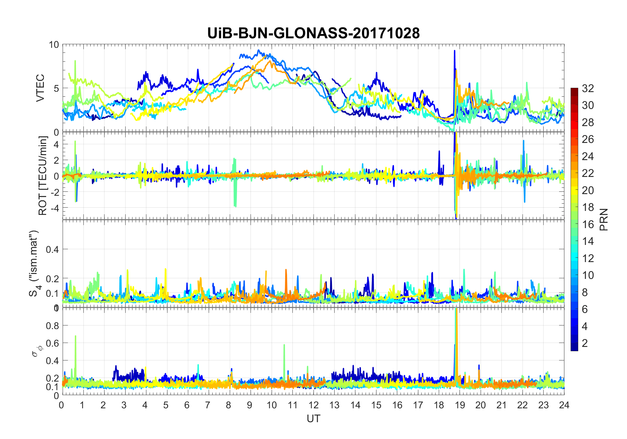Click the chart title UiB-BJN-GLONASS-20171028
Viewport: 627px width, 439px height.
click(313, 33)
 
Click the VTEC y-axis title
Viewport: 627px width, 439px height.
click(40, 88)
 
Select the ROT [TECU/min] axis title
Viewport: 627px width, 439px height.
click(43, 176)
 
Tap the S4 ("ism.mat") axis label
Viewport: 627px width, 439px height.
click(34, 263)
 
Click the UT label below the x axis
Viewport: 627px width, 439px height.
click(313, 419)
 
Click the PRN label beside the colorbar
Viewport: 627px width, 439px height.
click(604, 219)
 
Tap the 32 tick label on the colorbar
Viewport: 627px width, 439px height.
click(588, 88)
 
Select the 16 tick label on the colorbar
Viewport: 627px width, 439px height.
click(588, 224)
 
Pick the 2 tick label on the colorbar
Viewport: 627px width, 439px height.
click(585, 343)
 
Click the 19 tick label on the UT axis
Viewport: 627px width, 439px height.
click(460, 405)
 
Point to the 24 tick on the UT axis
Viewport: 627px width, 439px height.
click(564, 405)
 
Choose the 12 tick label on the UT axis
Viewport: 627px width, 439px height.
click(313, 405)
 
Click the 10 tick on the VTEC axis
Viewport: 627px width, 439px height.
click(54, 45)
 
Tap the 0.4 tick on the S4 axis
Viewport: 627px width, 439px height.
click(52, 249)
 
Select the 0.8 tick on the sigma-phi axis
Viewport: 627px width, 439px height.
click(52, 325)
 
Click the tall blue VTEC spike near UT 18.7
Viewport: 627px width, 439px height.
click(455, 53)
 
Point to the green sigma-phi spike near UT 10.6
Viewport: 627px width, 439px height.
click(284, 347)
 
